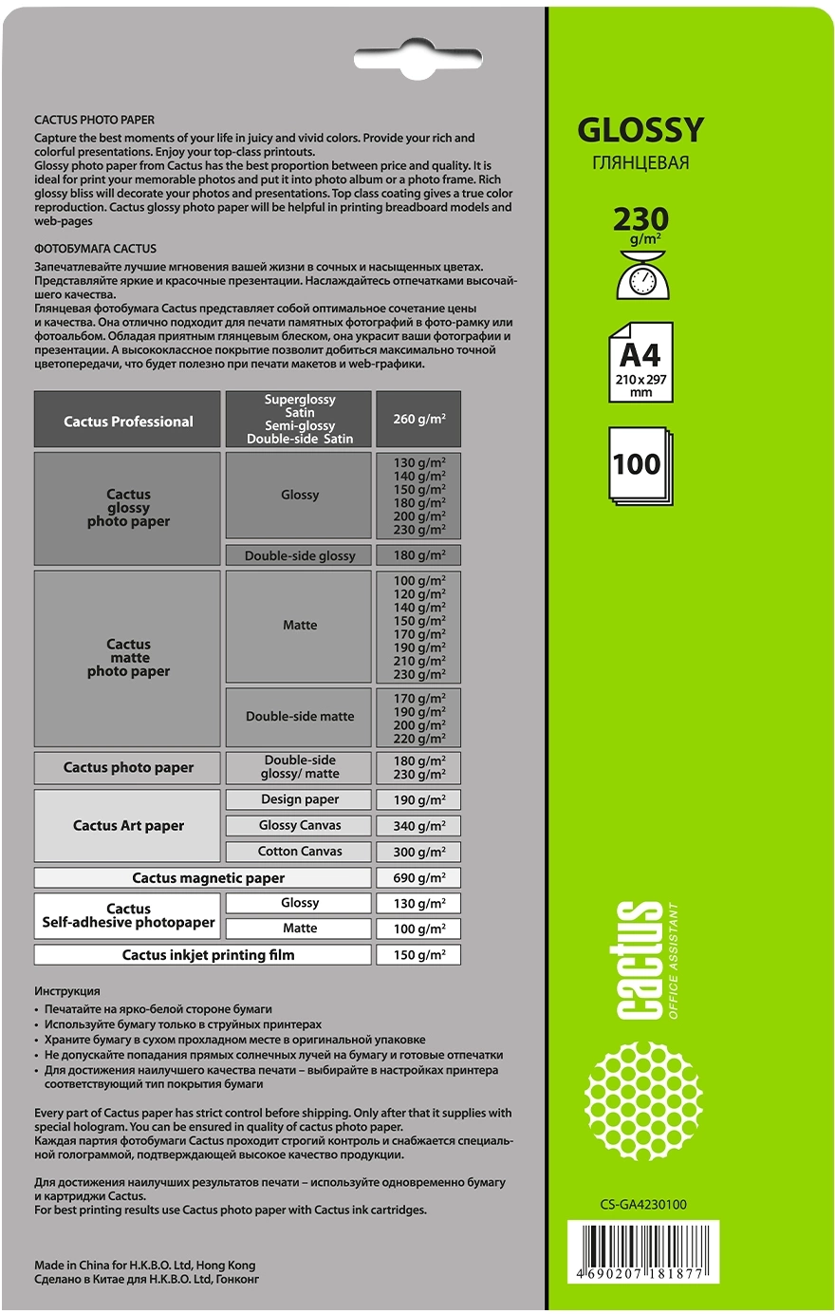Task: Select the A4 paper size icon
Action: coord(640,361)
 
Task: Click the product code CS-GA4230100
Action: coord(642,1205)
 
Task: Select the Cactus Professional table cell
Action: coord(128,421)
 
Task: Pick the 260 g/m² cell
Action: coord(418,419)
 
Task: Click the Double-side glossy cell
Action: coord(300,555)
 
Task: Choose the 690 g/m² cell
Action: coord(418,878)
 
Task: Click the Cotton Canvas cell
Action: coord(300,852)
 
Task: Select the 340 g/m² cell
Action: coord(418,826)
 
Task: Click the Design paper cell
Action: coord(300,799)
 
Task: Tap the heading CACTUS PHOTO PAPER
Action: coord(94,121)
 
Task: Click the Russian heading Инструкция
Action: coord(66,991)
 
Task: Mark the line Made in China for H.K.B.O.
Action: coord(144,1265)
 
